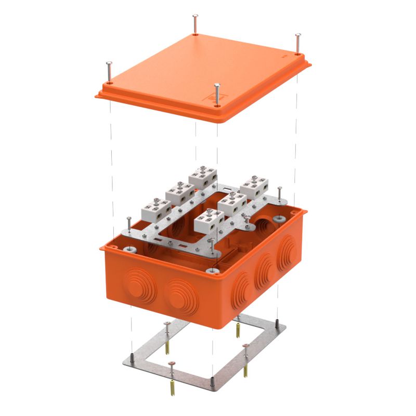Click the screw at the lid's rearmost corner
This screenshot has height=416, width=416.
pyautogui.click(x=194, y=23)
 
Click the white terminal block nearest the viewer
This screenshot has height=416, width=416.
pyautogui.click(x=207, y=222)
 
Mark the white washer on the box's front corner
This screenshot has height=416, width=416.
pyautogui.click(x=212, y=270)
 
